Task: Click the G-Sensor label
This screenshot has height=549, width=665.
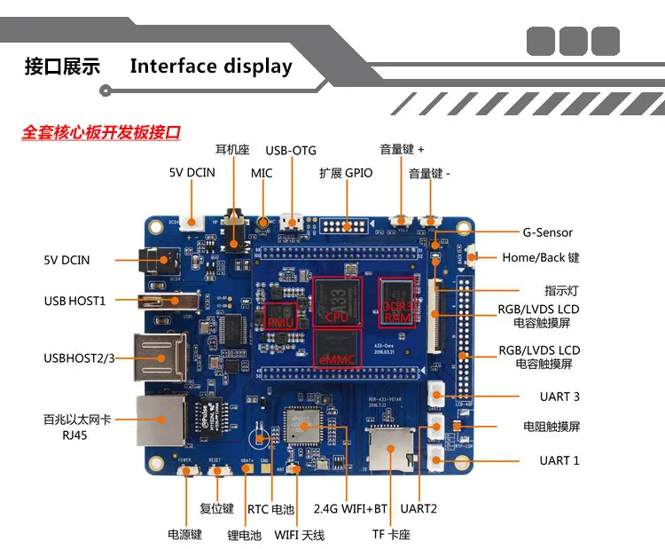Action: [x=547, y=232]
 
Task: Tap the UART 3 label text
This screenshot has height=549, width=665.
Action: [x=559, y=396]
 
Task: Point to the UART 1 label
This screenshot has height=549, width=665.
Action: [x=559, y=460]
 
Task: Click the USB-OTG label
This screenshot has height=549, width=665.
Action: [x=290, y=151]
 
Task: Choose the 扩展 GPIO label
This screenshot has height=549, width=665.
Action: [x=346, y=173]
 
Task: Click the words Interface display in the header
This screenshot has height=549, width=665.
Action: [x=211, y=67]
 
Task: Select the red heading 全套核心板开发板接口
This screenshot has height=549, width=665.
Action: [x=101, y=133]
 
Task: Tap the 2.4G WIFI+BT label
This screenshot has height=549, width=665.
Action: [x=350, y=509]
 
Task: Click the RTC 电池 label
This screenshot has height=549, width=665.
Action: [x=270, y=509]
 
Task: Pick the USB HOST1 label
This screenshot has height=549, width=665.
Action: [x=74, y=301]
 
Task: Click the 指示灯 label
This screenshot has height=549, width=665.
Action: [x=561, y=290]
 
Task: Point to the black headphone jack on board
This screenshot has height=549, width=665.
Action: [x=234, y=231]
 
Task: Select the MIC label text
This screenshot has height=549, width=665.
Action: [x=262, y=173]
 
